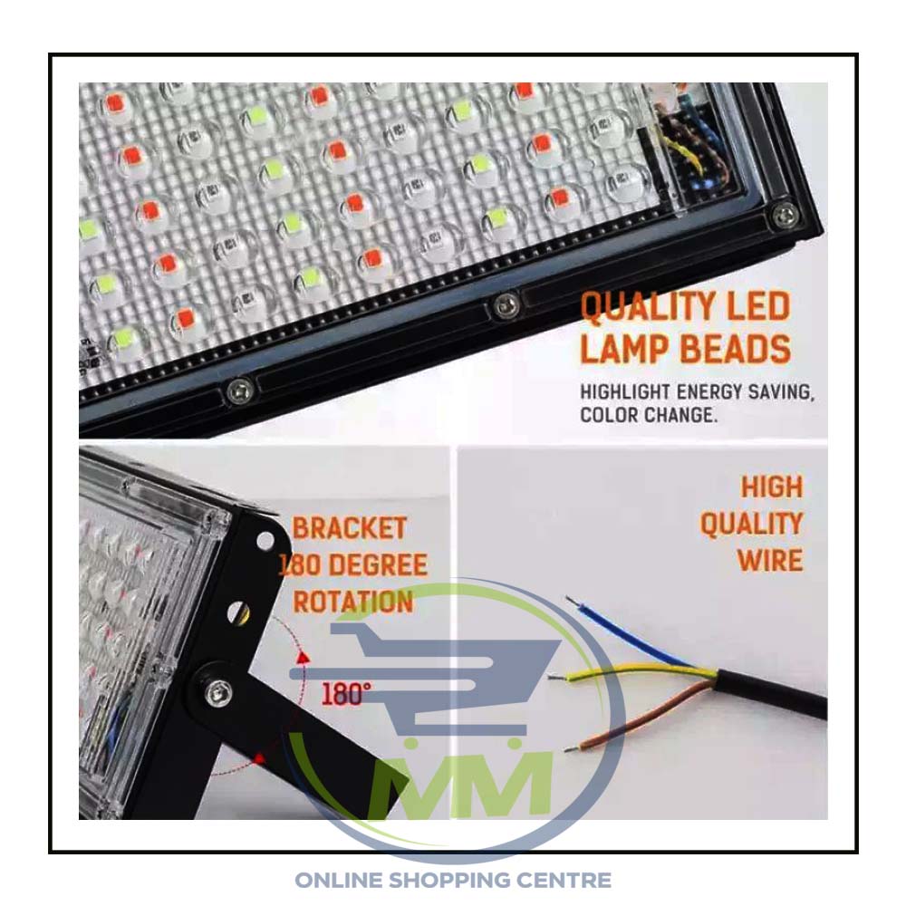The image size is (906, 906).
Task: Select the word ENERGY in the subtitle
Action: pyautogui.click(x=709, y=392)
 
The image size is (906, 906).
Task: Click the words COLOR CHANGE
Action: pyautogui.click(x=649, y=415)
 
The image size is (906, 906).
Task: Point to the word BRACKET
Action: pyautogui.click(x=349, y=528)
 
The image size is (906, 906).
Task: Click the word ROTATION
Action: pyautogui.click(x=353, y=602)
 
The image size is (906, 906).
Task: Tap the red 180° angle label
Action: pyautogui.click(x=345, y=693)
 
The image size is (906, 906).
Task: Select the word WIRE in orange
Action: pyautogui.click(x=769, y=561)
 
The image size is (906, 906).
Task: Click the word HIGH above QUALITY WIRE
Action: pyautogui.click(x=772, y=487)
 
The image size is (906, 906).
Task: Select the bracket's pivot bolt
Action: pyautogui.click(x=217, y=690)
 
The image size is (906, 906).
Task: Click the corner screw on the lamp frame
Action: pyautogui.click(x=784, y=217)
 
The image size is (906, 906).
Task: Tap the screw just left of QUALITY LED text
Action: pyautogui.click(x=506, y=305)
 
